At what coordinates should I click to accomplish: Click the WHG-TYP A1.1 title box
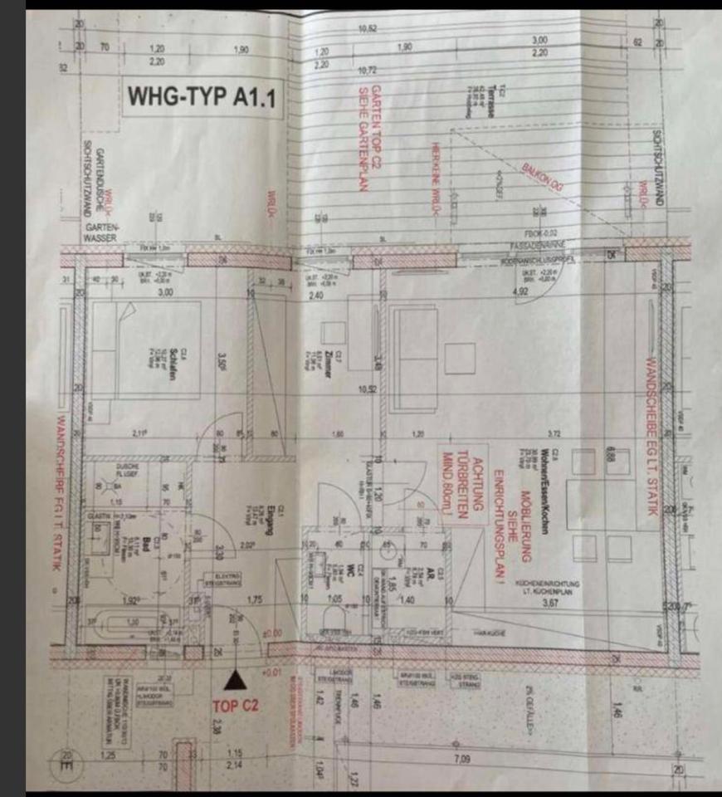pyautogui.click(x=202, y=95)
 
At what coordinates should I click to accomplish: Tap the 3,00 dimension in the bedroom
pyautogui.click(x=165, y=291)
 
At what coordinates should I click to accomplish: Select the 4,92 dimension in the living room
pyautogui.click(x=521, y=291)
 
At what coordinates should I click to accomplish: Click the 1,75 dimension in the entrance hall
pyautogui.click(x=256, y=599)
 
